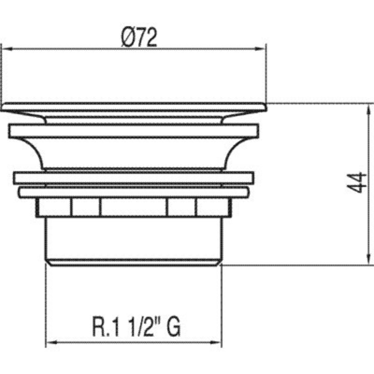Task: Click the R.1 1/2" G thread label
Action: click(x=136, y=327)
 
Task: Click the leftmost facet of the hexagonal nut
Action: click(x=54, y=207)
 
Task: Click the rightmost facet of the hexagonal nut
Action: click(x=213, y=207)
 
